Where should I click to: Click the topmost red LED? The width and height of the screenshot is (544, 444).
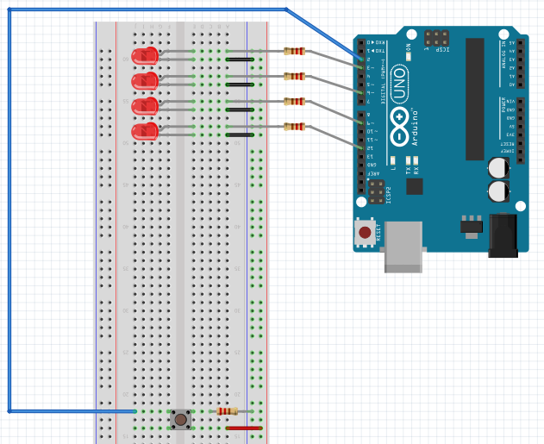coord(145,56)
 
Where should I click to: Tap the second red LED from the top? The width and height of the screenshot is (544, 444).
coord(145,81)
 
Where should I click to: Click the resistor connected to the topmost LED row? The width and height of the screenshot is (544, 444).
coord(294,51)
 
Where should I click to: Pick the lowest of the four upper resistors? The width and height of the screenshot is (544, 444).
coord(294,127)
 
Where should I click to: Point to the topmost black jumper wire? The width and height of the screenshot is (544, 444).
coord(240,59)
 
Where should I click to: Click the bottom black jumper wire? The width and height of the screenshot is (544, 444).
coord(240,135)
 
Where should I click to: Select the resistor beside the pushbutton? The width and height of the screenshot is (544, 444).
coord(228,411)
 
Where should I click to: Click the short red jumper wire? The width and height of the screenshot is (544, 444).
coord(243,428)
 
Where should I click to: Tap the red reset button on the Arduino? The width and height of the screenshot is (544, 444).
coord(366,233)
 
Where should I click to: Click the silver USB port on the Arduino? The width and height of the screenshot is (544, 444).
coord(403,247)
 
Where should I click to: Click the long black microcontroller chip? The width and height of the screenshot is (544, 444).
coord(475,99)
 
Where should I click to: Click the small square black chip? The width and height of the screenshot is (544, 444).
coord(415,185)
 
